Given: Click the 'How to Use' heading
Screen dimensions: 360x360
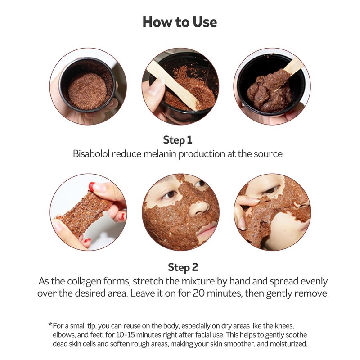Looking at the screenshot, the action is pyautogui.click(x=180, y=22).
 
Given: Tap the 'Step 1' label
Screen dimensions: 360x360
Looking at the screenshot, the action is pyautogui.click(x=177, y=140).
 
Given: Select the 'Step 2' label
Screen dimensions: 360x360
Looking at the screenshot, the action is pyautogui.click(x=183, y=267).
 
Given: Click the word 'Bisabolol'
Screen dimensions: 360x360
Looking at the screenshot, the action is pyautogui.click(x=91, y=153).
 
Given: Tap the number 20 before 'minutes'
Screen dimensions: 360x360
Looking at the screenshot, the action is pyautogui.click(x=198, y=293).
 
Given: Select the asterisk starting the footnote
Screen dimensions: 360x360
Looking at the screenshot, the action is pyautogui.click(x=50, y=324).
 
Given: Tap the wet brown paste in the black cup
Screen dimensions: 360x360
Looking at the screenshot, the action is pyautogui.click(x=267, y=91).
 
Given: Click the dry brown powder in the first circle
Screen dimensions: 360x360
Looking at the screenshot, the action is pyautogui.click(x=87, y=91).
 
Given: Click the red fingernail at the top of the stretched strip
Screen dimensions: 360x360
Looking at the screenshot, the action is pyautogui.click(x=92, y=186).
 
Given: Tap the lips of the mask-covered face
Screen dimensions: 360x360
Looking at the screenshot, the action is pyautogui.click(x=207, y=230).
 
